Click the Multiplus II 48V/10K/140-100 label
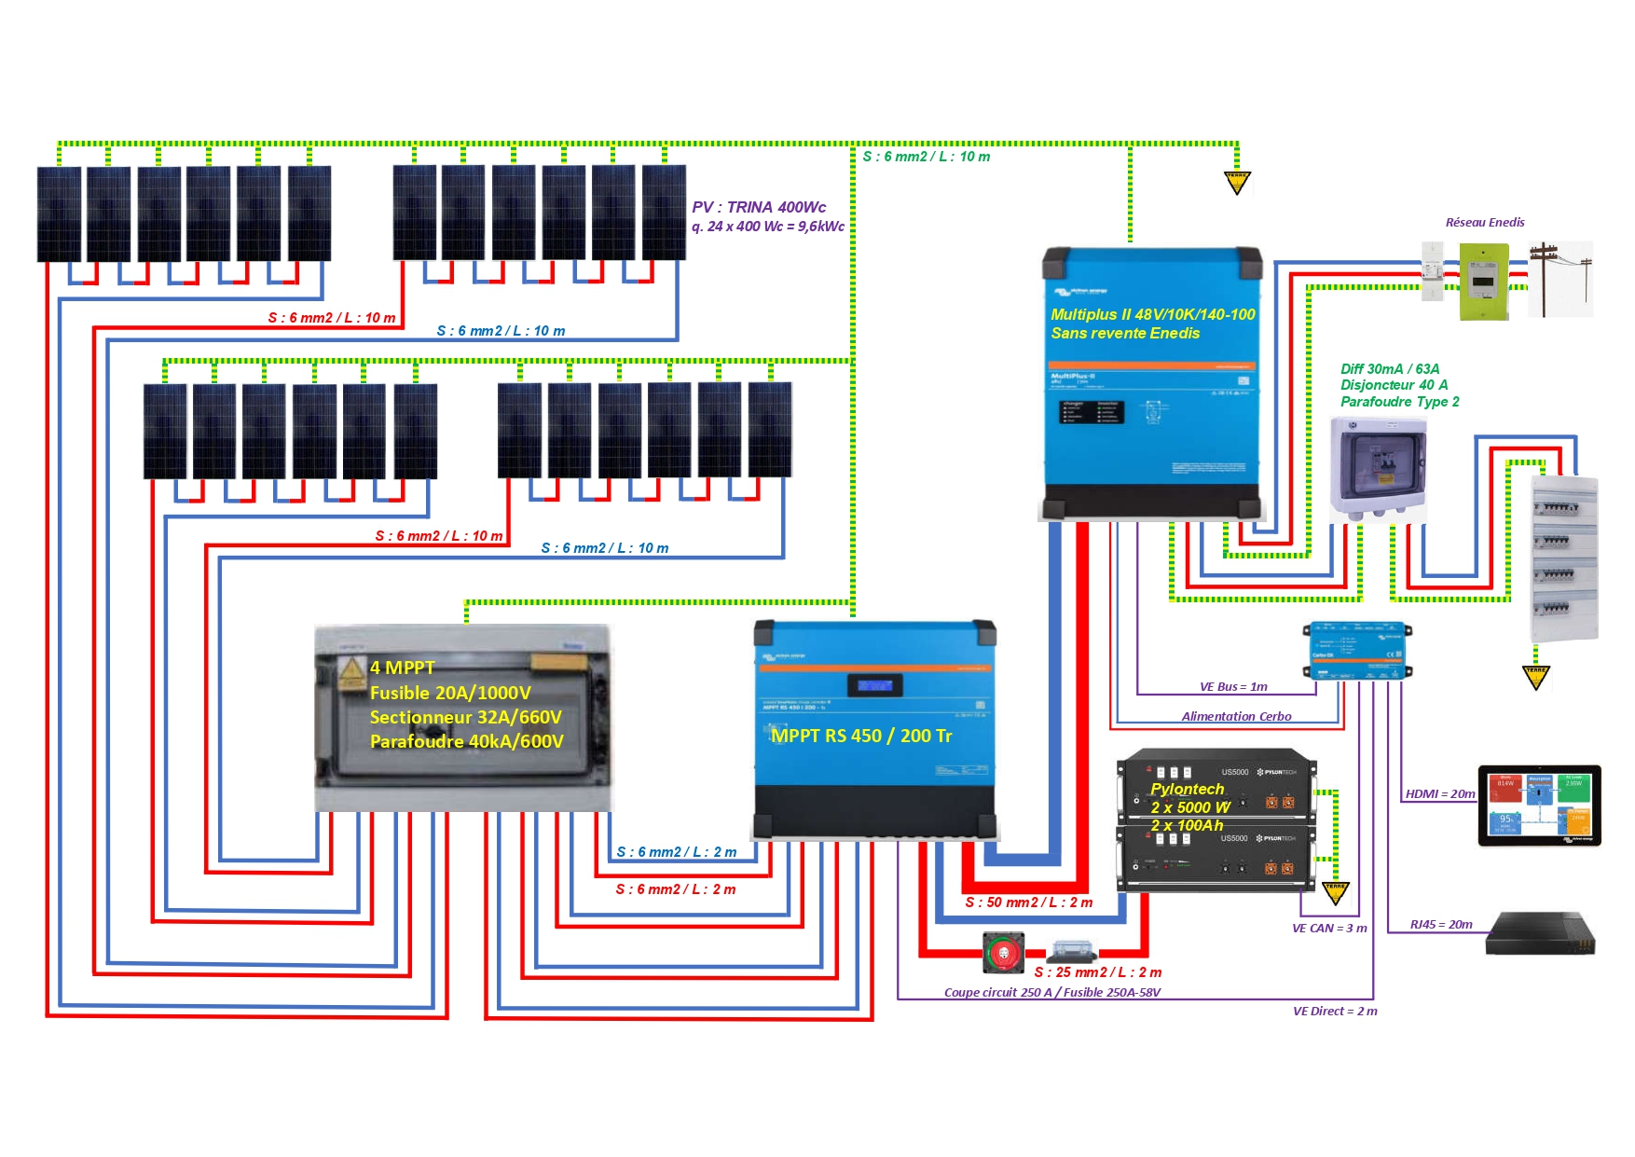1152,315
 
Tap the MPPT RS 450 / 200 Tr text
861,736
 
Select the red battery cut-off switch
1004,953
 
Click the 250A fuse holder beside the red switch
1072,951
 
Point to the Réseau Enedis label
1484,223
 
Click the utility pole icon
1559,278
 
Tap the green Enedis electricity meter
1483,281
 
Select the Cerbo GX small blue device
1356,649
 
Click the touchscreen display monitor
1539,806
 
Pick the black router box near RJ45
1540,934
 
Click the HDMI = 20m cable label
1440,794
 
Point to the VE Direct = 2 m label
1335,1012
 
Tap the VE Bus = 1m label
1233,687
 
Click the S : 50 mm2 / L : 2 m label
1028,902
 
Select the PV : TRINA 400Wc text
759,207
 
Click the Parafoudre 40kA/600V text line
466,742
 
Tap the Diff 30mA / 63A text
1390,369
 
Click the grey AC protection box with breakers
1378,469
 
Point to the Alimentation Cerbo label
1236,717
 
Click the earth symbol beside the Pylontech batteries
1335,893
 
